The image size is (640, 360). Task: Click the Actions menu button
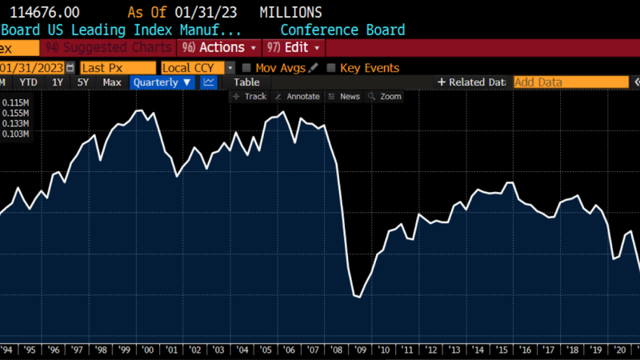[220, 47]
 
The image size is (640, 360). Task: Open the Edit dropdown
[293, 47]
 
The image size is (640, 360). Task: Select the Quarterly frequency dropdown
[162, 82]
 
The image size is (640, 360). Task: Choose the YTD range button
[29, 82]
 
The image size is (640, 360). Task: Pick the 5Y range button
[83, 82]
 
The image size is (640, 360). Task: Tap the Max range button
[112, 82]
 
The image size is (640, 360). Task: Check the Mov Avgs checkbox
[247, 68]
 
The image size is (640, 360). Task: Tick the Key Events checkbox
[331, 68]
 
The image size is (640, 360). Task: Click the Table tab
[246, 82]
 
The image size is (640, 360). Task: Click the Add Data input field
[570, 82]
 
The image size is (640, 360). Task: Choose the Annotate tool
[297, 97]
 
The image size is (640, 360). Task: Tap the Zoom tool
[385, 97]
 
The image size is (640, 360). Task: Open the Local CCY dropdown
[198, 68]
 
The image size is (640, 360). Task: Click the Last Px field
[118, 68]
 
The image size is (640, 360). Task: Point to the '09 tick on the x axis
[360, 349]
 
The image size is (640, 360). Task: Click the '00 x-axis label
[148, 349]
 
